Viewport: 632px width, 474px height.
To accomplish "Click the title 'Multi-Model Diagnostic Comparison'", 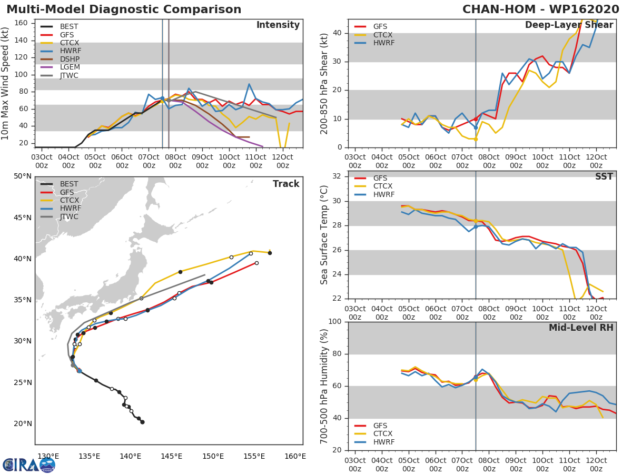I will click(124, 9).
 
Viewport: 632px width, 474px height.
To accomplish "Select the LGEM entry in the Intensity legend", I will click(70, 67).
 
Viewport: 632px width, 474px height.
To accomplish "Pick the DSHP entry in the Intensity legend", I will click(70, 59).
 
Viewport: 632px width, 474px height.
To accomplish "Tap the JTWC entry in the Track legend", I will click(69, 217).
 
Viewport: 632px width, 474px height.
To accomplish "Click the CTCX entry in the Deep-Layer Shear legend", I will click(383, 35).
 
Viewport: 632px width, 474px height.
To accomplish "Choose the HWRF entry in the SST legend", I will click(383, 194).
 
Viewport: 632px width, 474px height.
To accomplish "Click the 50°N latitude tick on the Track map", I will click(22, 176).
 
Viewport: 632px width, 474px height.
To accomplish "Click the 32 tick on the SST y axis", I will click(337, 176).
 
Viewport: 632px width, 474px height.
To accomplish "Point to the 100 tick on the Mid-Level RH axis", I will click(335, 321).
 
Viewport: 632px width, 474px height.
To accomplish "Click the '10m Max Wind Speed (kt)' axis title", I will click(6, 84).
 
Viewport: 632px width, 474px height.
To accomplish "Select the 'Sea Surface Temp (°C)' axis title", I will click(324, 235).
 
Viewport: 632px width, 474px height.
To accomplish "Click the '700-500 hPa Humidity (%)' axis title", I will click(324, 386).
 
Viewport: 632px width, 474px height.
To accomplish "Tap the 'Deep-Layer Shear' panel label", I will click(569, 25).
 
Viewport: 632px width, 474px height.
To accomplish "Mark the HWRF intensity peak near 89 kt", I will click(249, 84).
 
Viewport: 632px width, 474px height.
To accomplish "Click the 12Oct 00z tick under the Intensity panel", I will click(282, 161).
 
